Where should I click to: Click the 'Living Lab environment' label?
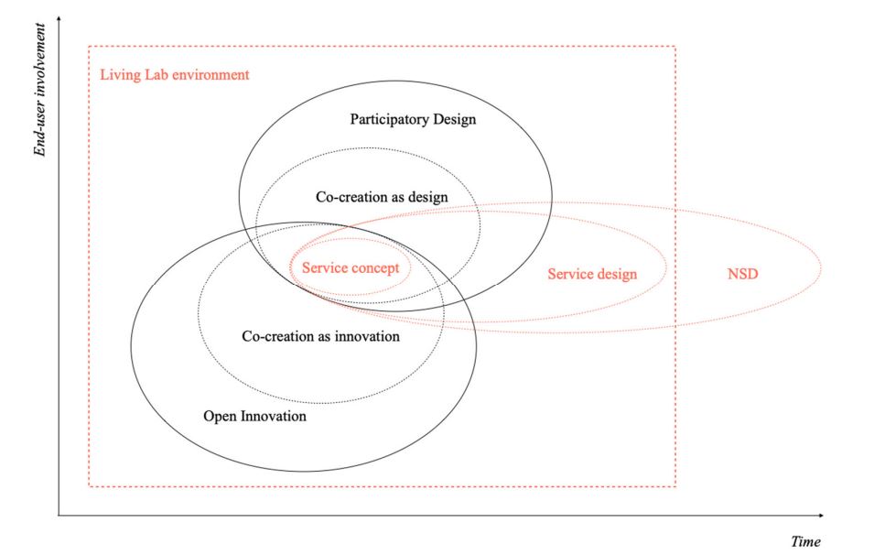pos(174,75)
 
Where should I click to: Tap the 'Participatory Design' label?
pos(413,119)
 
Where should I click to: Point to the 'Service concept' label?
pos(351,268)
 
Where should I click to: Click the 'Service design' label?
pos(592,274)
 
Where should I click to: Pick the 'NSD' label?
pos(742,274)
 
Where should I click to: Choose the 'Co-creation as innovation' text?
pos(320,336)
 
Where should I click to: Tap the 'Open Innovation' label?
pos(254,417)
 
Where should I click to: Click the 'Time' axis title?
pos(805,541)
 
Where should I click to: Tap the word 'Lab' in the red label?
pos(164,75)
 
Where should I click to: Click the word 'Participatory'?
pos(384,119)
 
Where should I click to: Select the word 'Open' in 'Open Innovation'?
pos(219,417)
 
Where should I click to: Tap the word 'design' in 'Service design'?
pos(617,274)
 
